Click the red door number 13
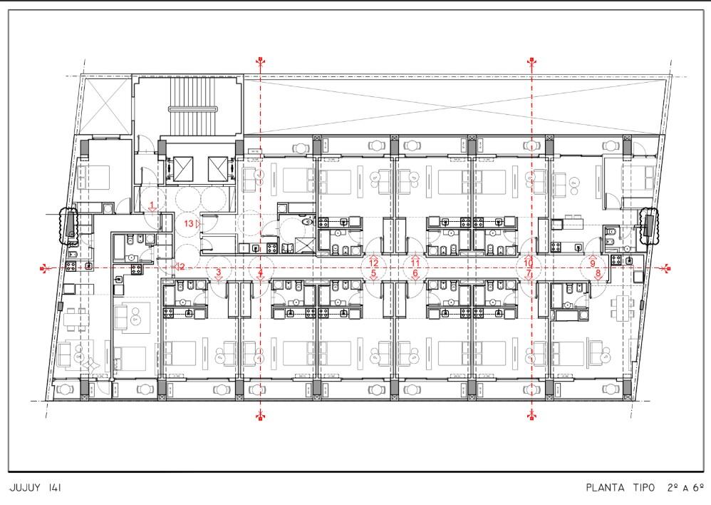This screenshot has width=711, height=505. pos(189,223)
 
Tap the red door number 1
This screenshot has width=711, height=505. pos(152,205)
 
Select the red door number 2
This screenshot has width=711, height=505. pos(182,267)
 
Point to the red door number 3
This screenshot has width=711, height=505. pos(219,272)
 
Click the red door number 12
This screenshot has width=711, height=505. pos(373,263)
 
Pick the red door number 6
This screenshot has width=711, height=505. pos(415,273)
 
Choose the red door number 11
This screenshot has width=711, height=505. pos(415,263)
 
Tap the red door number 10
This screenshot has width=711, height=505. pos(528,263)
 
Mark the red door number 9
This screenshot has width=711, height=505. pos(593,263)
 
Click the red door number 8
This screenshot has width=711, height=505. pos(598,273)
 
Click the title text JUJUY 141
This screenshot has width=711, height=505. pos(36,488)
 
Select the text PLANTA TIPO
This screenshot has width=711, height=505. pos(621,488)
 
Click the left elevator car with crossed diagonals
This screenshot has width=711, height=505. pos(183,168)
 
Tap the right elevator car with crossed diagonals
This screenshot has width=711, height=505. pos(218,168)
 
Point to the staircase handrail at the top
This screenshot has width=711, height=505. pos(193,109)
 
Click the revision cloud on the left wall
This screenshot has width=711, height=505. pos(69,226)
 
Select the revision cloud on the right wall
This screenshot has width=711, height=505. pos(649,226)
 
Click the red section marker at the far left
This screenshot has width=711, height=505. pos(43,268)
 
